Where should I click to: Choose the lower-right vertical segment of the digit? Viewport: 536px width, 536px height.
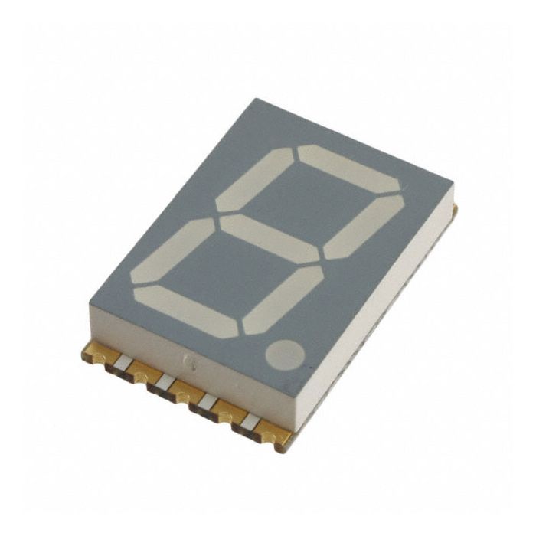coord(283,299)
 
